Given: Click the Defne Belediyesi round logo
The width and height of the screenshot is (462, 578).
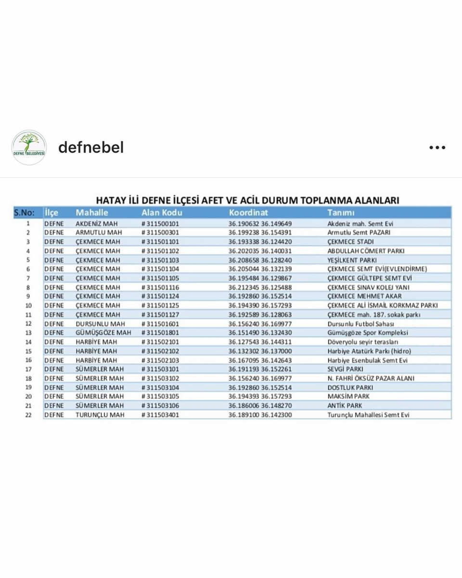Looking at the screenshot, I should (x=29, y=148).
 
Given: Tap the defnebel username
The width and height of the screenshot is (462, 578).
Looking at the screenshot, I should (x=91, y=147).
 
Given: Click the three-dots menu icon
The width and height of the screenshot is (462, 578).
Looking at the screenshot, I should (x=437, y=148).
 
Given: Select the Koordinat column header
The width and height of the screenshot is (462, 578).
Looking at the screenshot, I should (x=248, y=212).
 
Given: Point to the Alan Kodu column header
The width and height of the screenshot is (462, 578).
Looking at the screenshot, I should (x=162, y=212).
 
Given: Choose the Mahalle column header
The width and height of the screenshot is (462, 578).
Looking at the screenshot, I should (x=92, y=212).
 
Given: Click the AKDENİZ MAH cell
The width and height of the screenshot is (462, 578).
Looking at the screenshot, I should (x=97, y=223).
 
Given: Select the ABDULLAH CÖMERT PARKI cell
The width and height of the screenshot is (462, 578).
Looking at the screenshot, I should (x=366, y=251).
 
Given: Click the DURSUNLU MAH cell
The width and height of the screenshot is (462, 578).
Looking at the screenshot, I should (x=99, y=324).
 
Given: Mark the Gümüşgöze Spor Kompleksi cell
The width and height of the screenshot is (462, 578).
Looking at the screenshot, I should (x=368, y=333).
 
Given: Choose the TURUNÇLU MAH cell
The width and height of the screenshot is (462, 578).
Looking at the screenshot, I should (x=100, y=415).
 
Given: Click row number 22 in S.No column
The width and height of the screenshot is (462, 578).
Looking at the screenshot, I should (x=28, y=415).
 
